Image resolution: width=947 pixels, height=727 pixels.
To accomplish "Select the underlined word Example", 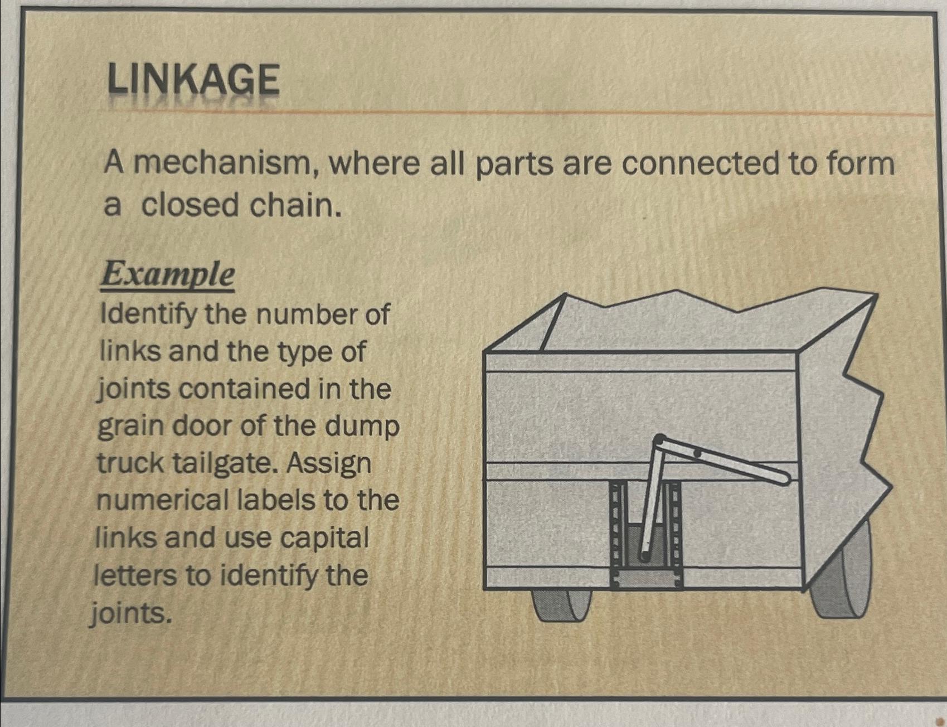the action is point(167,275).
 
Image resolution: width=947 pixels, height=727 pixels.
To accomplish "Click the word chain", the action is point(295,205).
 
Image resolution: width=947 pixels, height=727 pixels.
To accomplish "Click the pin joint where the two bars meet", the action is point(659,439).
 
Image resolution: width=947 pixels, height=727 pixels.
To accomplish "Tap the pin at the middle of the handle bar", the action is point(697,453).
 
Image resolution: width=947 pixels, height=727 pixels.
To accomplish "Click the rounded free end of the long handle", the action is point(784,478).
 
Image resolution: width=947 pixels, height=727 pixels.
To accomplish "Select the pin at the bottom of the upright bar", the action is point(644,555).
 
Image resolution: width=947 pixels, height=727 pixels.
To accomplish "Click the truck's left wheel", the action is point(562,604).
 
